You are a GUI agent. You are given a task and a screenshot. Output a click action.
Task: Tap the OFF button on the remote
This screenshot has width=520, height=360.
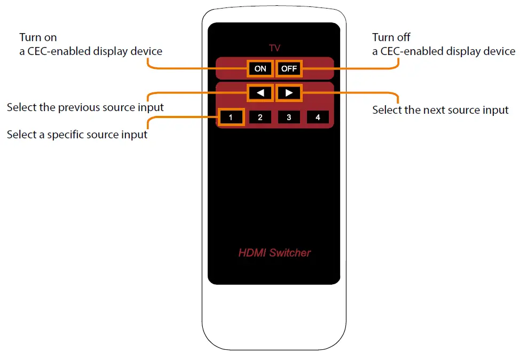tap(289, 69)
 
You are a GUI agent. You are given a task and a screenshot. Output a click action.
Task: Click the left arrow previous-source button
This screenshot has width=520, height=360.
tap(260, 93)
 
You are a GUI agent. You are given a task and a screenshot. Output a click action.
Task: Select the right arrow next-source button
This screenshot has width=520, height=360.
tap(289, 93)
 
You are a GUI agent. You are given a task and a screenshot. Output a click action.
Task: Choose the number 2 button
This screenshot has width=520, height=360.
tap(260, 118)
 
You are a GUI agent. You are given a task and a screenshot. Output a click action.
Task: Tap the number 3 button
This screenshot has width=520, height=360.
tap(289, 118)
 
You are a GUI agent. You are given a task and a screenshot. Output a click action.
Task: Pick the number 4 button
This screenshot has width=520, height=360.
tap(318, 118)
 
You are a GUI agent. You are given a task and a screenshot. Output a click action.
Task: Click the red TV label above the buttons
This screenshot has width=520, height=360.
tap(274, 49)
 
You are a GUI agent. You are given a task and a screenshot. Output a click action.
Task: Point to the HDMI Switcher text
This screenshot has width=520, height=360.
tap(274, 253)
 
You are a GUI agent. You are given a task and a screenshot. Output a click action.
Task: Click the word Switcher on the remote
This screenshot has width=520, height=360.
tap(290, 253)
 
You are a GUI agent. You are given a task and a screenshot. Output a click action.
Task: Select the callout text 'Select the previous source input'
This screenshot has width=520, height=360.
tap(85, 107)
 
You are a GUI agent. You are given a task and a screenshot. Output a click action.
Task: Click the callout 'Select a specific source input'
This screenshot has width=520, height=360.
tap(77, 135)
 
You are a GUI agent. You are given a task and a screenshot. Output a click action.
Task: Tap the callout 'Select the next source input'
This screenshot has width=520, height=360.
tap(440, 110)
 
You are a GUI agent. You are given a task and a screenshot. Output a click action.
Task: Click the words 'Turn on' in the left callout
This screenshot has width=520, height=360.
tap(38, 37)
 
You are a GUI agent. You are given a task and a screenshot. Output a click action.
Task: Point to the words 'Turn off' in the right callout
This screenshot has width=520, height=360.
tap(391, 37)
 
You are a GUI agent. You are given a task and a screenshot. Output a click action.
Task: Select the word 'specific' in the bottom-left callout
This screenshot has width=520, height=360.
tap(68, 135)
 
